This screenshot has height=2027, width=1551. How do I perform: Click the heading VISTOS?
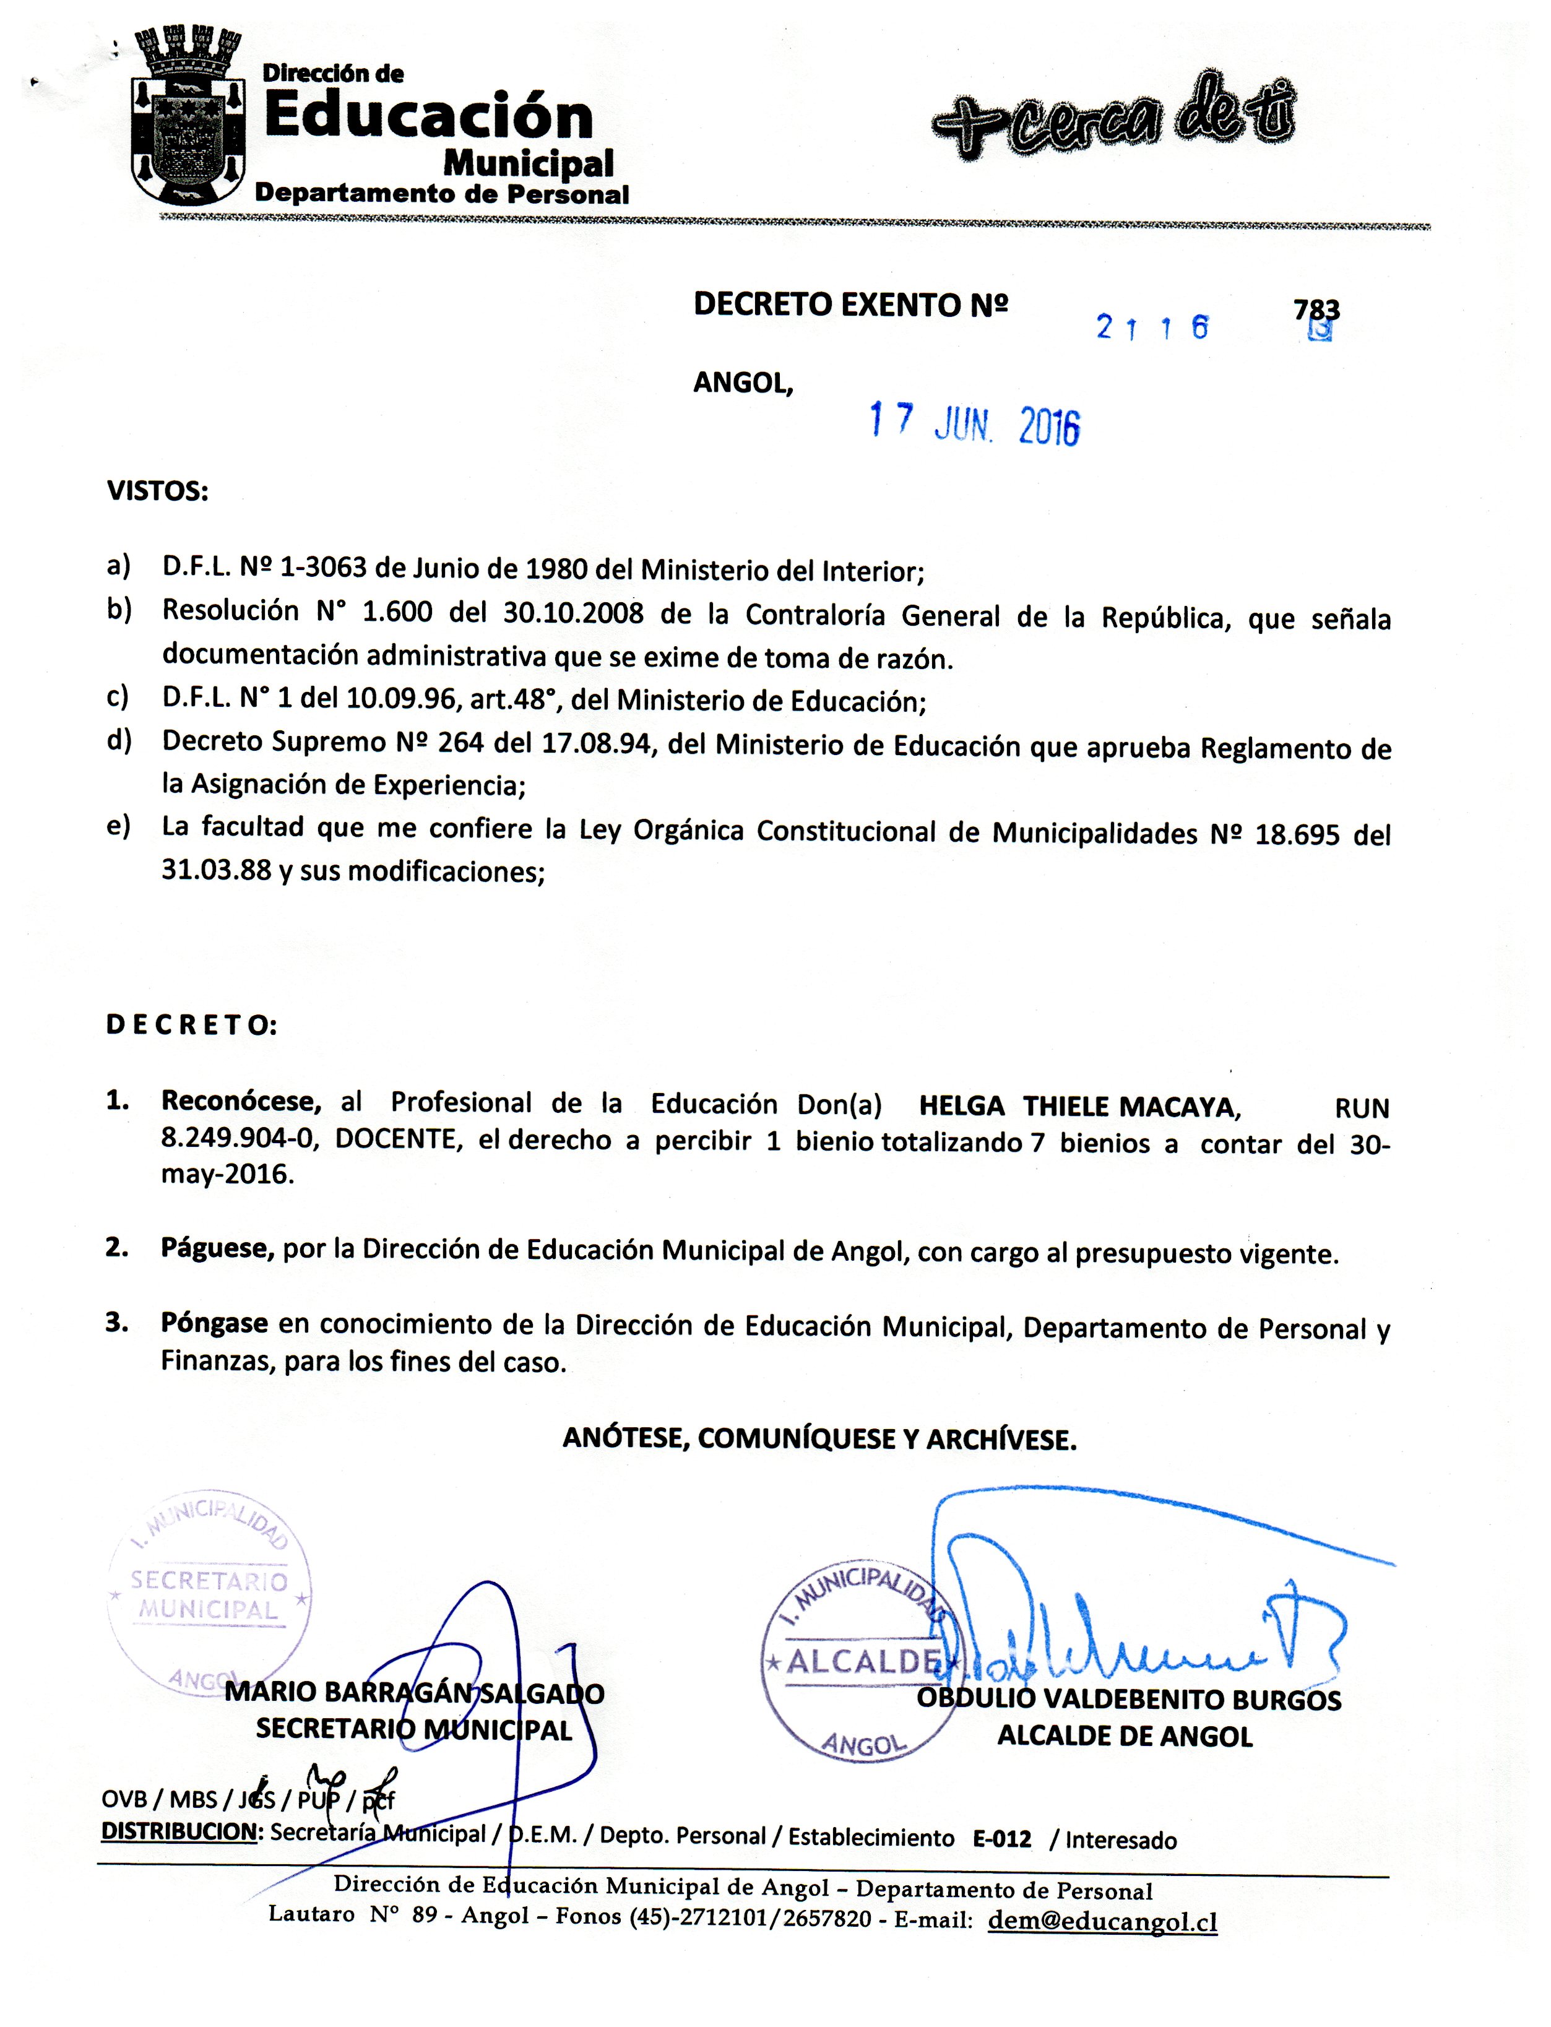click(x=158, y=491)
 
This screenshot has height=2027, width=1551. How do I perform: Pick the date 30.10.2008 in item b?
click(x=573, y=614)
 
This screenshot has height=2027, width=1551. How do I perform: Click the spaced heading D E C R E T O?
click(x=191, y=1026)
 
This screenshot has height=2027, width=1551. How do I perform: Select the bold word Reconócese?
click(x=241, y=1101)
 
